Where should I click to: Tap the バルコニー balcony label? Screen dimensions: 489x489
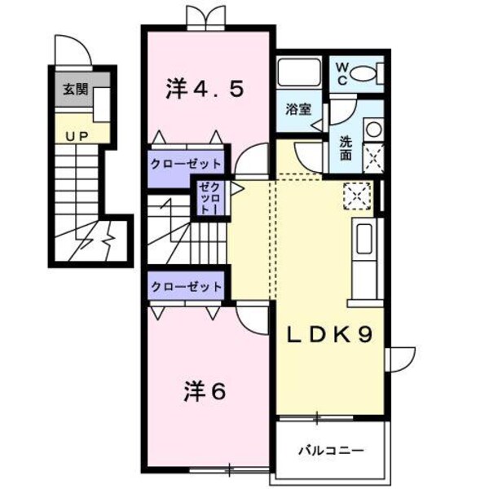click(330, 449)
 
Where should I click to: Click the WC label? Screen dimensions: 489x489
click(341, 72)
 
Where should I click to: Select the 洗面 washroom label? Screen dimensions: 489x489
click(346, 146)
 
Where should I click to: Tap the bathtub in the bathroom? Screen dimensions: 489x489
click(299, 74)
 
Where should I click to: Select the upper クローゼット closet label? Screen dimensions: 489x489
click(186, 161)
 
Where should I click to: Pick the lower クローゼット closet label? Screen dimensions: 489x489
click(186, 287)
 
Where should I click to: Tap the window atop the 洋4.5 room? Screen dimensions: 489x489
click(204, 15)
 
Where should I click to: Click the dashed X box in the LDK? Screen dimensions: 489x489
click(356, 196)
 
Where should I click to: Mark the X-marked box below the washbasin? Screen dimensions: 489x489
click(372, 156)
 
